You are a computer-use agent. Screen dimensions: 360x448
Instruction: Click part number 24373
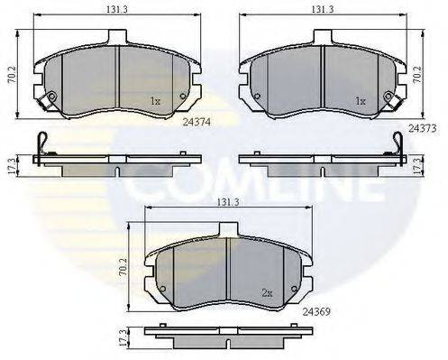[x=421, y=129]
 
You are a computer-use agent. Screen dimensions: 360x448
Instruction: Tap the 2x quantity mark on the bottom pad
[x=267, y=292]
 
